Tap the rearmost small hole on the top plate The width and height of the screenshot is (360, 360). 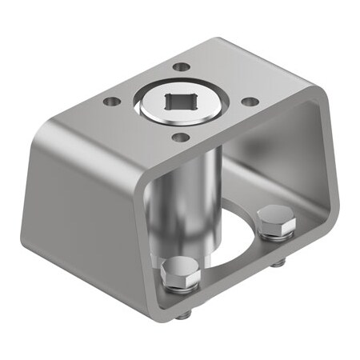pyautogui.click(x=182, y=66)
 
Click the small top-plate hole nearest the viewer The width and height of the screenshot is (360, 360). pyautogui.click(x=182, y=138)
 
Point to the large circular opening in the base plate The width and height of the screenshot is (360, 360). pyautogui.click(x=232, y=240)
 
